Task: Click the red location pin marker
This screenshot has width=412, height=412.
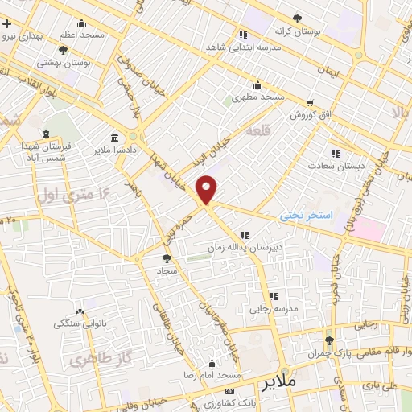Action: click(x=207, y=190)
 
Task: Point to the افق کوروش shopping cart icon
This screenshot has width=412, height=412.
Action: click(x=310, y=102)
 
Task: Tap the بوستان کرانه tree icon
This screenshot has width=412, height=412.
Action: click(x=297, y=18)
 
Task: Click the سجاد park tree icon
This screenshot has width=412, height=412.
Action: click(x=167, y=258)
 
